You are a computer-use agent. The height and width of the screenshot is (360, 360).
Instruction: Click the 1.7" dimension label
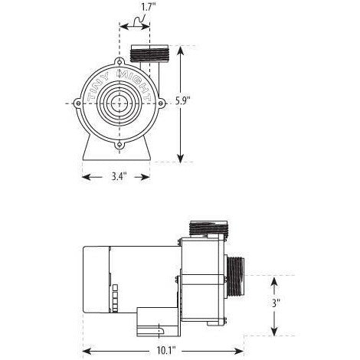point(136,7)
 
